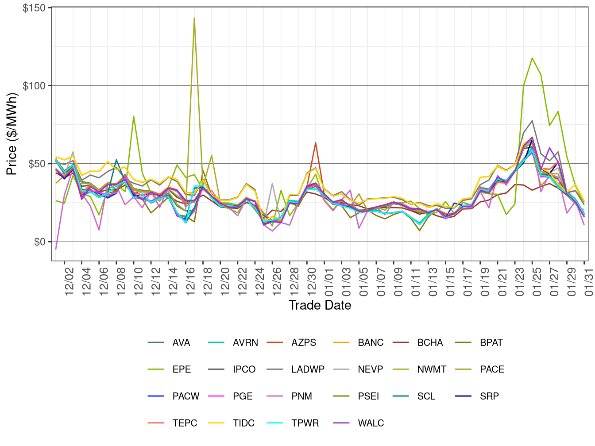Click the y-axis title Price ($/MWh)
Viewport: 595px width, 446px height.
tap(12, 134)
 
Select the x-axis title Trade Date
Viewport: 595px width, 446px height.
tap(320, 305)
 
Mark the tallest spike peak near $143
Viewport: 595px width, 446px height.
tap(194, 18)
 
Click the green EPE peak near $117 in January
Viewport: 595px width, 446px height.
tap(532, 58)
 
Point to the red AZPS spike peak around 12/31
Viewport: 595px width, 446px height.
tap(316, 142)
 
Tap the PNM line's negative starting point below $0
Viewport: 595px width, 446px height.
tap(56, 249)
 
